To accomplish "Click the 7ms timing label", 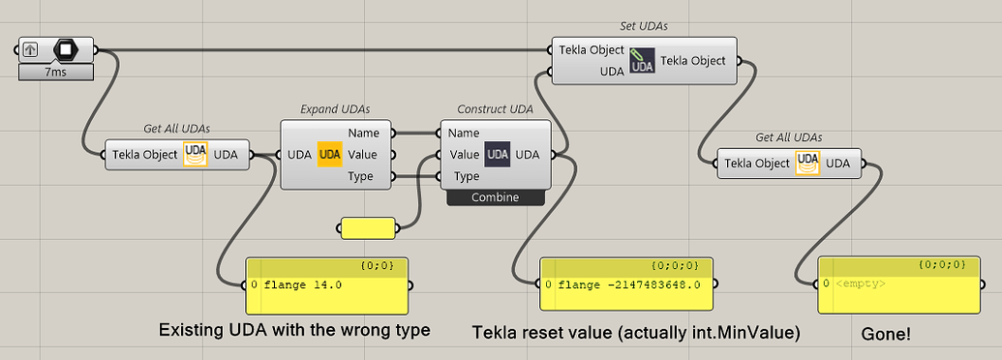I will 56,73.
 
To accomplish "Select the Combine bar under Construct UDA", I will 496,197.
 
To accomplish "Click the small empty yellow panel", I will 368,227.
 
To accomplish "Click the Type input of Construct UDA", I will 466,176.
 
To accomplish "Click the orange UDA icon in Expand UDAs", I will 330,155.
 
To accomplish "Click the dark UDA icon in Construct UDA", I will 497,155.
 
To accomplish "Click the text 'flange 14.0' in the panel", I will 302,285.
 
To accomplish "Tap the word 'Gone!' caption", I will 886,333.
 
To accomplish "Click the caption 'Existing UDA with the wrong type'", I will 293,330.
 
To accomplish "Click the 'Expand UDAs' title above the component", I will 335,109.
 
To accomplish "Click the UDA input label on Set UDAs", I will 611,72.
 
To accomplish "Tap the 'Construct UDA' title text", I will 495,109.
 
